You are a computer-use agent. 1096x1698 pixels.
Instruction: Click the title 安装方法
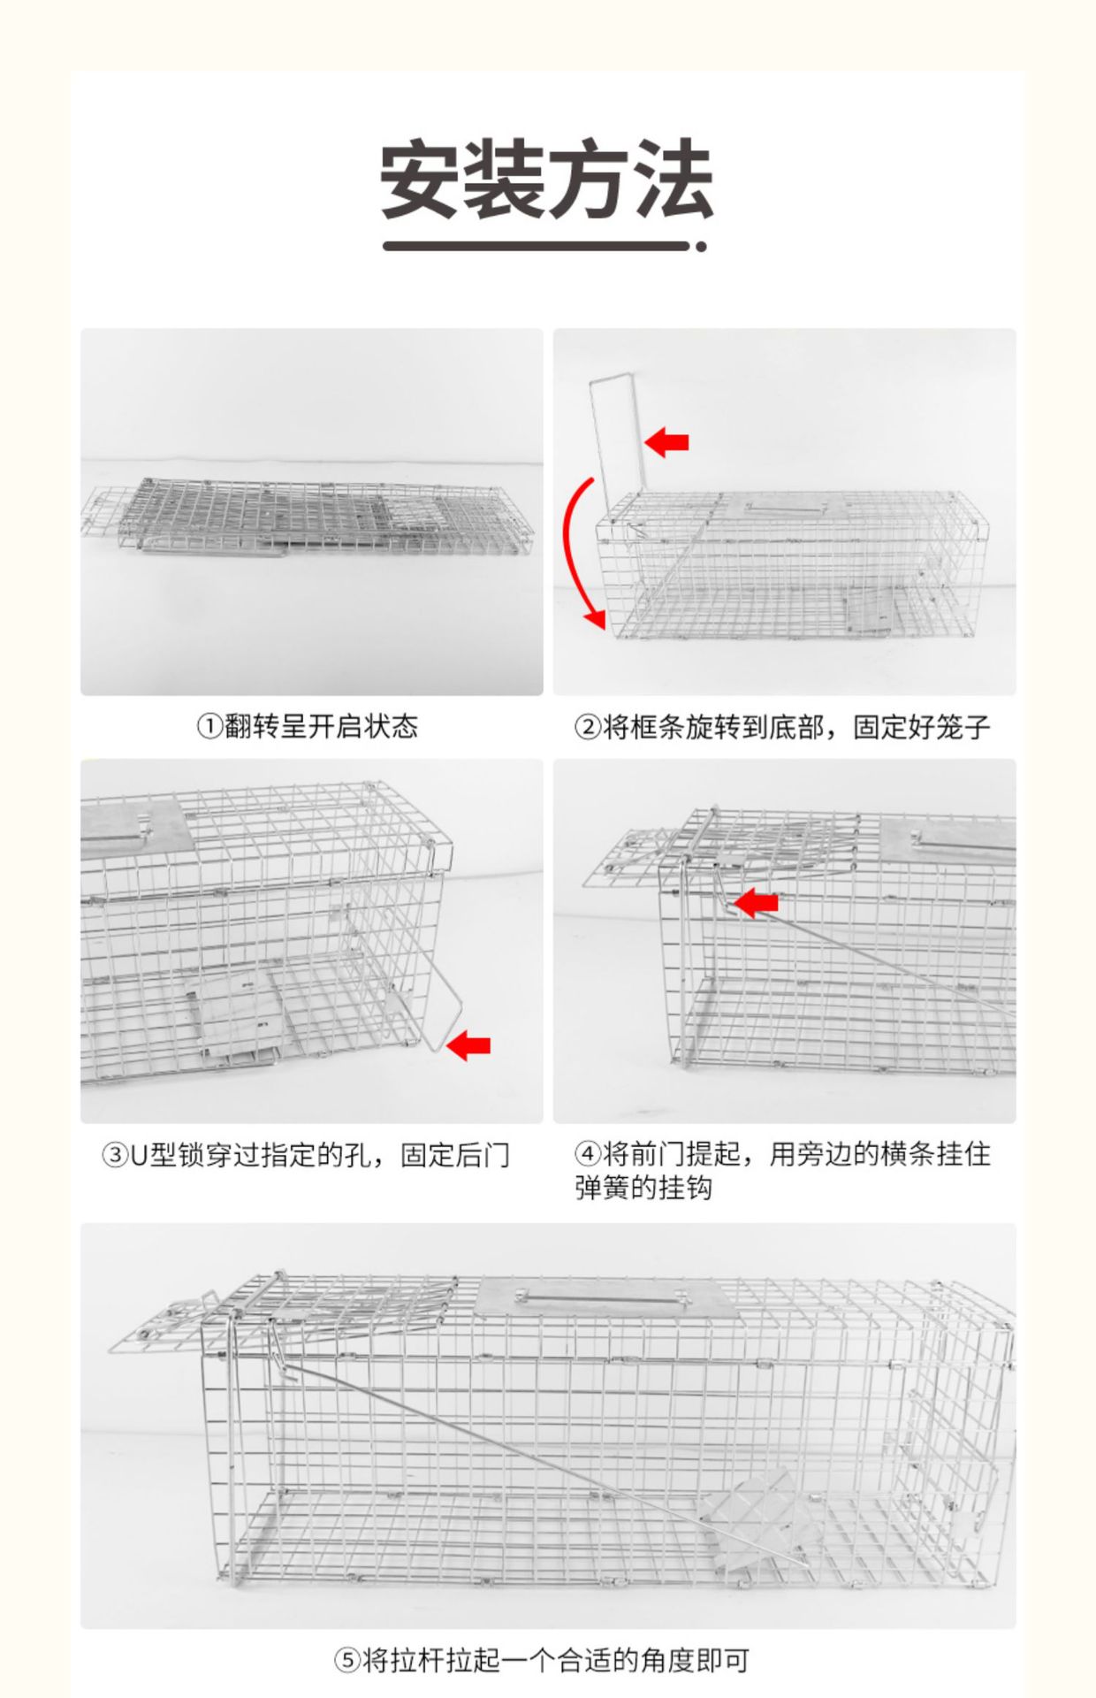[546, 180]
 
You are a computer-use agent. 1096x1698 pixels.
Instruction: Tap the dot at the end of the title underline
[701, 247]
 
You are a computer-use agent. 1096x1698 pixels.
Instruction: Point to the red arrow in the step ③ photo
[468, 1046]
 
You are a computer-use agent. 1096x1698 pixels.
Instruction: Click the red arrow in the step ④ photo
[757, 903]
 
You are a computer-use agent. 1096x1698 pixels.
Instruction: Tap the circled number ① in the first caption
[209, 727]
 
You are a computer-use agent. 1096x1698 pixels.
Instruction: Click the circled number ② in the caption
[587, 727]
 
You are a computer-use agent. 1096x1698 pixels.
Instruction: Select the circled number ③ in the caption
[115, 1155]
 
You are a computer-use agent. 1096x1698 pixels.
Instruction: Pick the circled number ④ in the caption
[587, 1154]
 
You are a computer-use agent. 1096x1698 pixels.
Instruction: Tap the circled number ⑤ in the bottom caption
[347, 1660]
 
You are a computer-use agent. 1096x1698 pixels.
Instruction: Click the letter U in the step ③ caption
[139, 1156]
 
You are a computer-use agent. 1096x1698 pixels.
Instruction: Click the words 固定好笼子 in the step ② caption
[921, 727]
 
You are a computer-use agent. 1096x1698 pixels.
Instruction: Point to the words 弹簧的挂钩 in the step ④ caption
[643, 1188]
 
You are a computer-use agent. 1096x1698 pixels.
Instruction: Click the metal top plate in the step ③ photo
[133, 827]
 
